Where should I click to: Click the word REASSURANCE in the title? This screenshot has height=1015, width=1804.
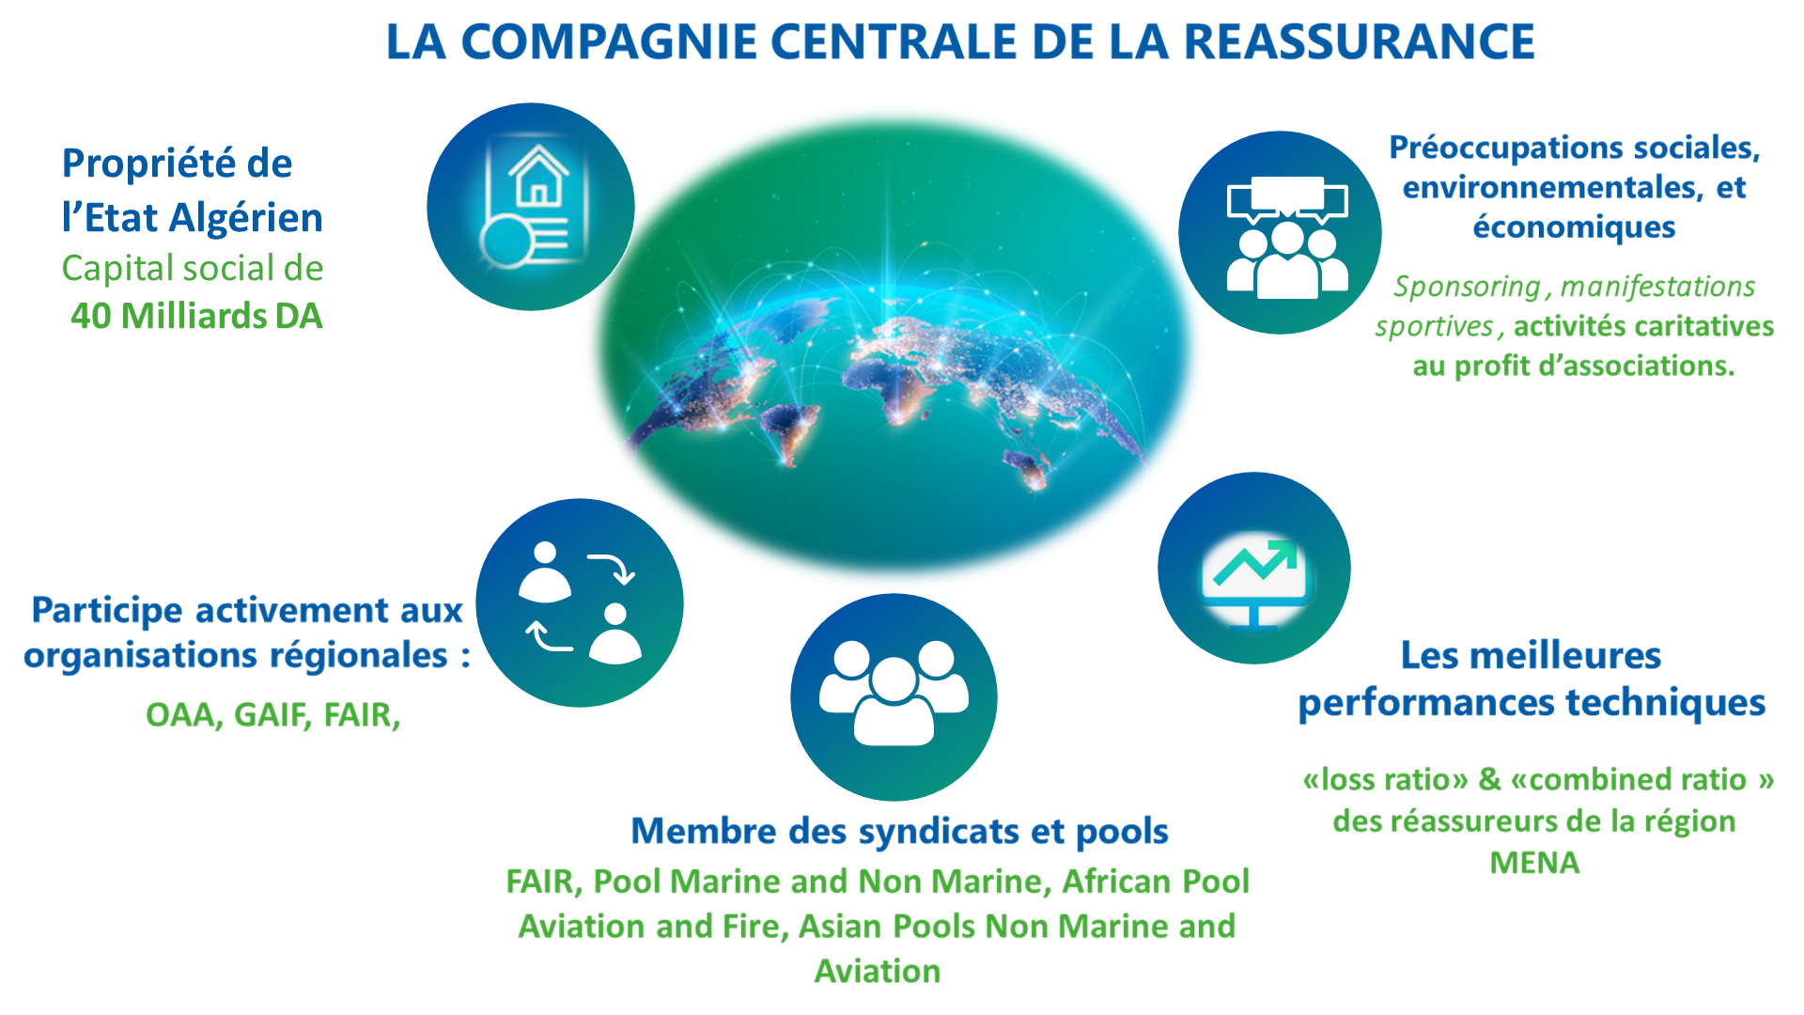(x=1359, y=42)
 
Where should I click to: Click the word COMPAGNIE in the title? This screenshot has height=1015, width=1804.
(x=609, y=42)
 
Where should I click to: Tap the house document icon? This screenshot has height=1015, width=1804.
(x=531, y=207)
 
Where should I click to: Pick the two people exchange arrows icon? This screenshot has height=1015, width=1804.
(x=580, y=603)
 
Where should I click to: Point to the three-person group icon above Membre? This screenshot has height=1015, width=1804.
(x=894, y=696)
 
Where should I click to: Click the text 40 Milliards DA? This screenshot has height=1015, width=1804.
(x=196, y=317)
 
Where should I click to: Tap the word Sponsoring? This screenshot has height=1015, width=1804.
(x=1467, y=287)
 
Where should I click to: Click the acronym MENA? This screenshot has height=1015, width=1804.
(x=1534, y=863)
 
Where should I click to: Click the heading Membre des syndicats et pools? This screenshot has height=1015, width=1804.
(x=899, y=832)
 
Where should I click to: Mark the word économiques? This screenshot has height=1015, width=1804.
(x=1574, y=227)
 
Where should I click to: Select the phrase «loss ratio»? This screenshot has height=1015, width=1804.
(x=1385, y=780)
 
